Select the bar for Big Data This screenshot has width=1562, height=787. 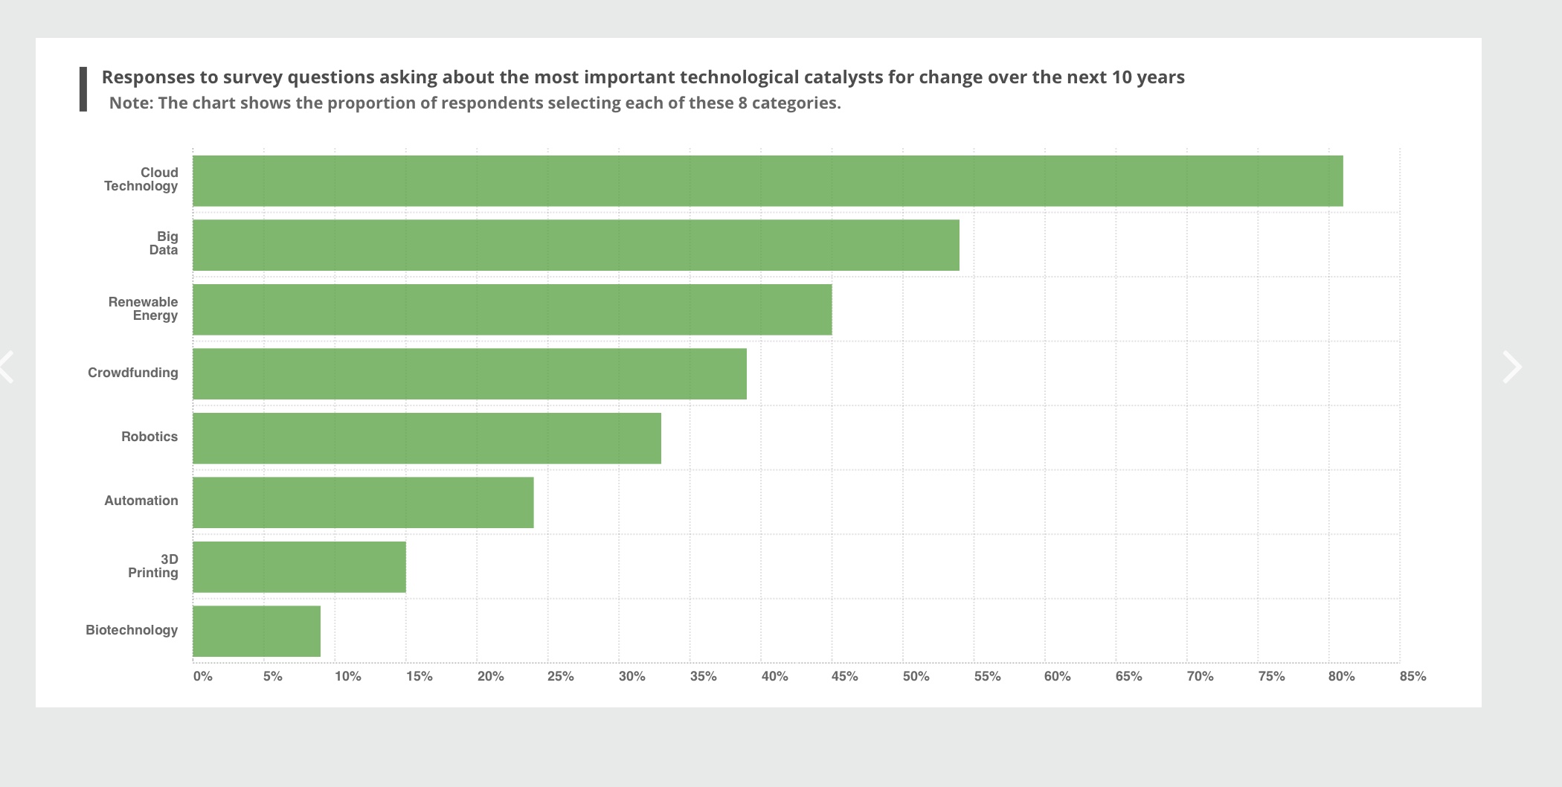576,245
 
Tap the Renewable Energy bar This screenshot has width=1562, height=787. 512,309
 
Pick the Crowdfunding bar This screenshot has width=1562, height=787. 469,373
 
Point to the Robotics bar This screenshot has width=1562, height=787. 426,438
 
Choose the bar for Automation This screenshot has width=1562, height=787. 363,503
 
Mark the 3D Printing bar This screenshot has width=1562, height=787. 299,567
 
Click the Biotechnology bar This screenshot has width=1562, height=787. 257,632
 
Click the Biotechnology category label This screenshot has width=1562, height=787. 132,630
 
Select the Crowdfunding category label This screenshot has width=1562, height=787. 132,373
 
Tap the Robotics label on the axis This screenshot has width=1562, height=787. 150,437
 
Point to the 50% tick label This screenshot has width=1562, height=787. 916,676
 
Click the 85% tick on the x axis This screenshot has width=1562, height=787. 1412,676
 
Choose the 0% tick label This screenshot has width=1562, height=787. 202,676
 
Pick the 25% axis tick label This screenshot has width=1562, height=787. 560,676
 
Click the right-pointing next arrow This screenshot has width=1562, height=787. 1511,367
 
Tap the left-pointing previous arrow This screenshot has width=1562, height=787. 7,367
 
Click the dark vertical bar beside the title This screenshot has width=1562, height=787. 83,89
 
